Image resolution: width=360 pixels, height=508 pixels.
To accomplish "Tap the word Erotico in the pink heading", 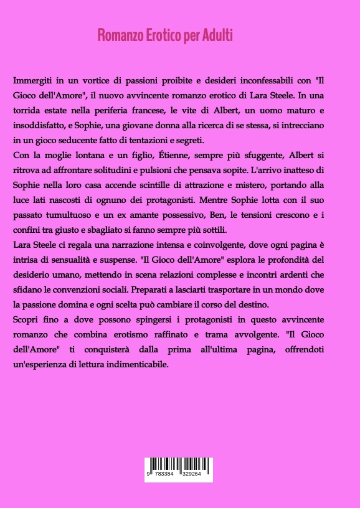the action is [158, 35].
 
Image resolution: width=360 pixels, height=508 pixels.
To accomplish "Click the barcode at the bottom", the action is [179, 466].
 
